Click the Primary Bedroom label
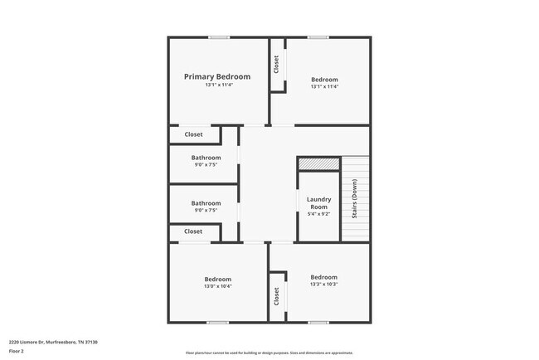click(x=216, y=76)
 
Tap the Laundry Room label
click(x=318, y=202)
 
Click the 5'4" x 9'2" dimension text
click(x=318, y=214)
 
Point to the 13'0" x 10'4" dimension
click(x=218, y=288)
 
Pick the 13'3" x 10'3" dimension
click(x=323, y=285)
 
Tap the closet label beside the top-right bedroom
click(x=276, y=65)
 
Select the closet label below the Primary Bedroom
click(x=193, y=134)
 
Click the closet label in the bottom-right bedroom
click(x=276, y=296)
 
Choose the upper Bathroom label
click(x=206, y=158)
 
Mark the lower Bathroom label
click(x=206, y=203)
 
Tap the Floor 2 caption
click(x=17, y=351)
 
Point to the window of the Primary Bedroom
click(x=219, y=37)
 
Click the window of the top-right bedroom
click(x=318, y=37)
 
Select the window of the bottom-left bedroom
click(x=217, y=322)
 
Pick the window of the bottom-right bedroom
click(x=318, y=322)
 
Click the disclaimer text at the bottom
click(x=269, y=353)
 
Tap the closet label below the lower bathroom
click(x=193, y=231)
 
